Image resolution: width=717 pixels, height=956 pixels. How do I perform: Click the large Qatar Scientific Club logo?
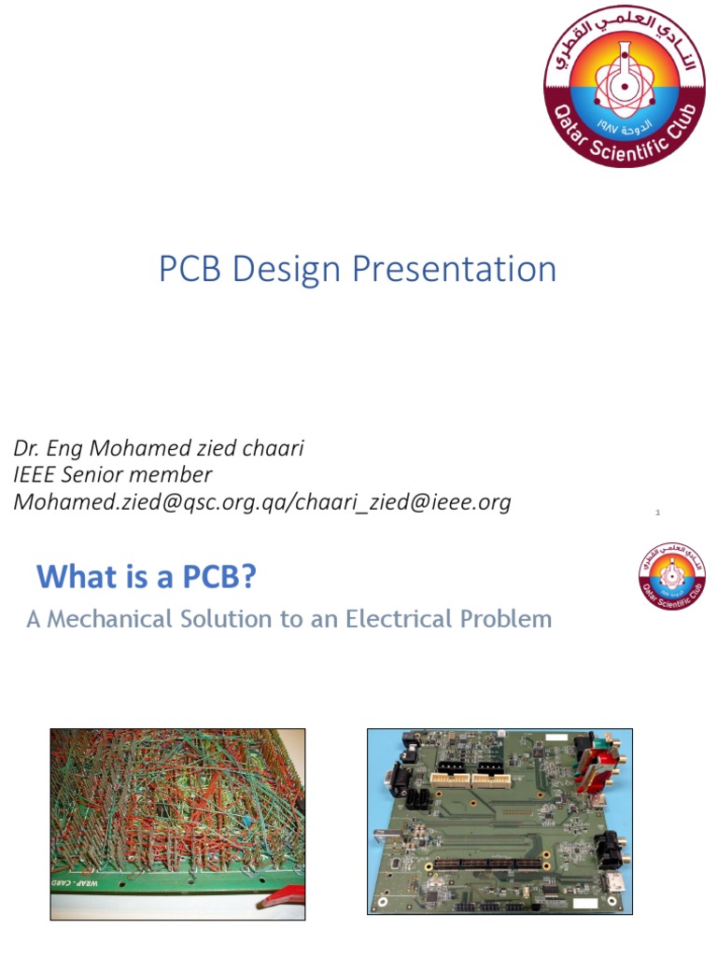(x=624, y=86)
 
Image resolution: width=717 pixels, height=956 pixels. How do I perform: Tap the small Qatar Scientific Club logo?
(x=671, y=573)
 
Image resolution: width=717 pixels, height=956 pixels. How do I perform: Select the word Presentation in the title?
(x=457, y=269)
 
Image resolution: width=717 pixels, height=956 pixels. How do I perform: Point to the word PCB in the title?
(x=190, y=269)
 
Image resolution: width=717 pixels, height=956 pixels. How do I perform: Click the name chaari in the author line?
(x=272, y=448)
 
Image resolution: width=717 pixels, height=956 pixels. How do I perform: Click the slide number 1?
(x=658, y=513)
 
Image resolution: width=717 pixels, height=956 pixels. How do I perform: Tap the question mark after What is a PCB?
(x=248, y=578)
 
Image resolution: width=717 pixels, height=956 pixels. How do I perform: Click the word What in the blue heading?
(x=73, y=578)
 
